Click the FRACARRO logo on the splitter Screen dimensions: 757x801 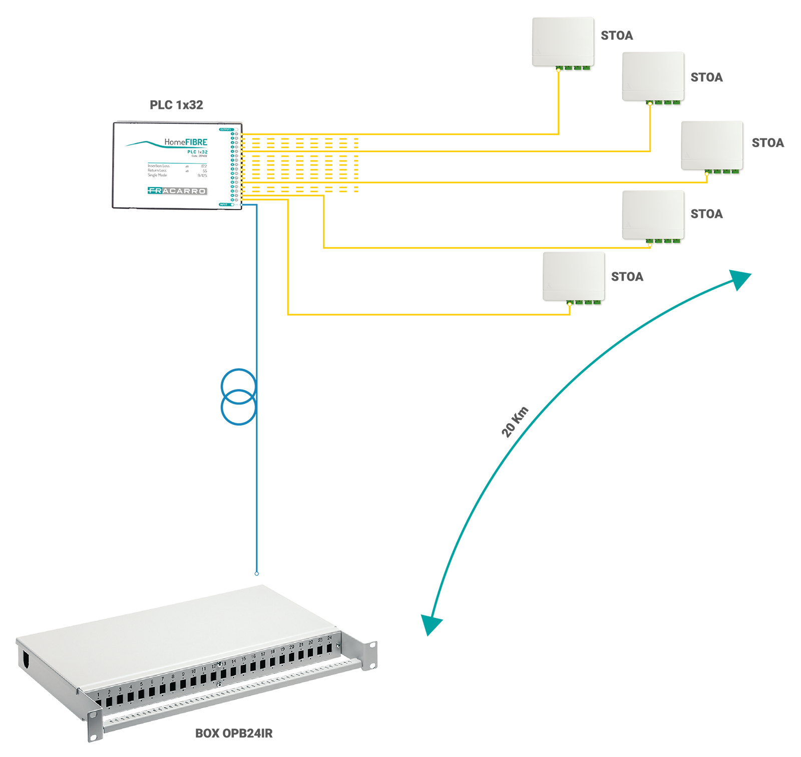point(177,191)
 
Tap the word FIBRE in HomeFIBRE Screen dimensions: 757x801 point(196,142)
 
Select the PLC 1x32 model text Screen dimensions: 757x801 point(197,152)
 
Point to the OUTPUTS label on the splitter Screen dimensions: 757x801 point(226,130)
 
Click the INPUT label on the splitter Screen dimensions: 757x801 point(224,204)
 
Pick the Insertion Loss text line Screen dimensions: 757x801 point(159,166)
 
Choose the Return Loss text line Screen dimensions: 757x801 point(157,171)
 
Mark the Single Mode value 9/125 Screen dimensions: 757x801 point(202,176)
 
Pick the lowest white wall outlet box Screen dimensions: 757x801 point(574,276)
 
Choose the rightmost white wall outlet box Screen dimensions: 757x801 point(711,145)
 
